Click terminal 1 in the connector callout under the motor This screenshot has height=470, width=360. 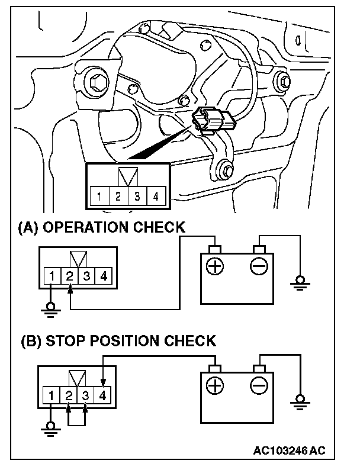(100, 196)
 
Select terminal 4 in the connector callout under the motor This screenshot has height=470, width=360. (156, 196)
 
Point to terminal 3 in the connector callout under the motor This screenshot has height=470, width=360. (137, 196)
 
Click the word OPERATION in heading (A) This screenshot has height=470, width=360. (85, 227)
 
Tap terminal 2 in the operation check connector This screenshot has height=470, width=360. (70, 275)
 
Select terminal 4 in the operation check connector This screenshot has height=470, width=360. (104, 275)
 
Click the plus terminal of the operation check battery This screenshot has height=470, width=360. (214, 266)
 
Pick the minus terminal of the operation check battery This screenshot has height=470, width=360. (259, 266)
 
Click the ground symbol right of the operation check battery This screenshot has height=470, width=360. (300, 282)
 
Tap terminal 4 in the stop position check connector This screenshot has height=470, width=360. (104, 394)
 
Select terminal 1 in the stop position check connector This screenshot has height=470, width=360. (54, 394)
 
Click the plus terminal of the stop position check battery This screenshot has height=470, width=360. (214, 386)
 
